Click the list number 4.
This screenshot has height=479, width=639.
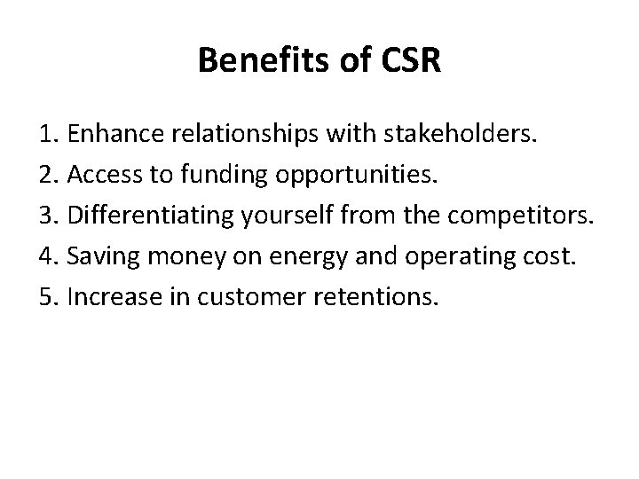point(48,257)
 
